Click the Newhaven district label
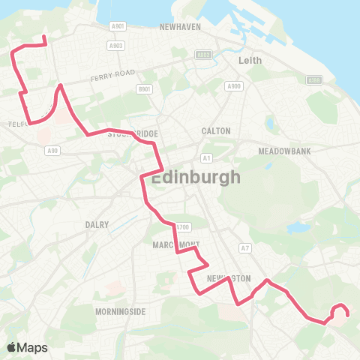[x=180, y=26]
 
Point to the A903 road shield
[x=115, y=45]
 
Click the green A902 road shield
[x=203, y=55]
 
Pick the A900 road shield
[x=234, y=86]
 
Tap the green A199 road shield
[x=314, y=79]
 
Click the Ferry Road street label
[x=110, y=77]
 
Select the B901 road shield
[x=145, y=88]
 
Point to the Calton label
[x=216, y=130]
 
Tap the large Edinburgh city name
[x=196, y=178]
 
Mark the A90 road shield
[x=52, y=151]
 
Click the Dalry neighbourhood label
[x=97, y=224]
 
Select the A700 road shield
[x=182, y=226]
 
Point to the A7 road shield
[x=244, y=247]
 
